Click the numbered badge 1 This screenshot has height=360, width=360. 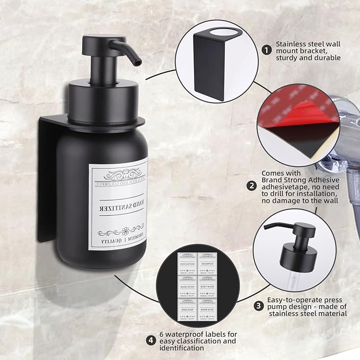pos(267,50)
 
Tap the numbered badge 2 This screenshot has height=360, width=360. pos(252,186)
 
